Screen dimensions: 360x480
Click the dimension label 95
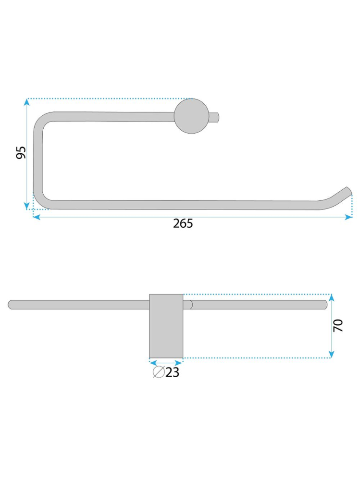pos(21,152)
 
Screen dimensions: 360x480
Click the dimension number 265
pos(183,223)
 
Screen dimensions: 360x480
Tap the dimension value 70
pos(338,325)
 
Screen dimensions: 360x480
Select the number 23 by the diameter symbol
pos(173,372)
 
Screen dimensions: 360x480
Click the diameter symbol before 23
pos(159,372)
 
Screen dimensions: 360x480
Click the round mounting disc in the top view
pos(192,116)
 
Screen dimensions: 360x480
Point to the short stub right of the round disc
pos(214,117)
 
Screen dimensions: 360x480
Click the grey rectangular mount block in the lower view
pos(166,326)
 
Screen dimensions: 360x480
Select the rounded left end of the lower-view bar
pos(12,305)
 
